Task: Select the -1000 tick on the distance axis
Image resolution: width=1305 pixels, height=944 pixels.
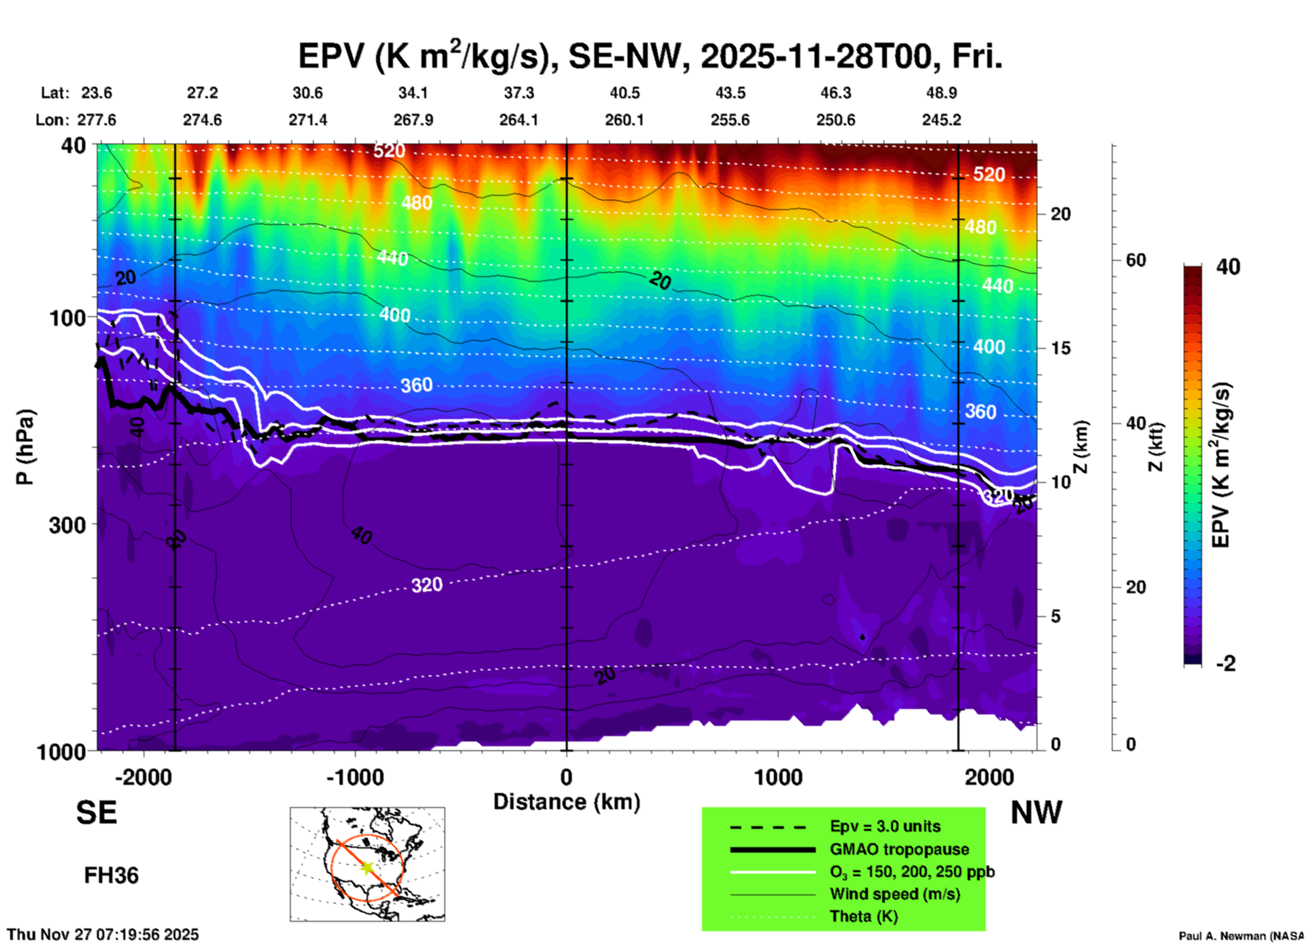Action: [x=354, y=777]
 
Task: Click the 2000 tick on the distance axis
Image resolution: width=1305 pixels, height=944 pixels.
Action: [x=989, y=777]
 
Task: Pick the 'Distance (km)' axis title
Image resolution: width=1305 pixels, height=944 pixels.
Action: [x=566, y=802]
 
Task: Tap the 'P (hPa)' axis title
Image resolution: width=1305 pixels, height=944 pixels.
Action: [x=24, y=447]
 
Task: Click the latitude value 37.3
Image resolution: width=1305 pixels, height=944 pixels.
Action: [x=519, y=93]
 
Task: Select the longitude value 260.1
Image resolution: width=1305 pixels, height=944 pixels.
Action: [x=624, y=120]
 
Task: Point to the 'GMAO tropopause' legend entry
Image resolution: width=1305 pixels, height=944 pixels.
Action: [x=899, y=849]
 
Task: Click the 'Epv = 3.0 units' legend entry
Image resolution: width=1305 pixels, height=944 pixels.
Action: [x=885, y=827]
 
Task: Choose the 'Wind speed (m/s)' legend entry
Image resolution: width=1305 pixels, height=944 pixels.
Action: [x=894, y=894]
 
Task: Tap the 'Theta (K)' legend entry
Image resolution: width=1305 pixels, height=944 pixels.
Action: [x=863, y=916]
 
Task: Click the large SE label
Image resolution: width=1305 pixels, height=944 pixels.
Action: [x=96, y=813]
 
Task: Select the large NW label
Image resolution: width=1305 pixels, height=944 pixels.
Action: [x=1036, y=813]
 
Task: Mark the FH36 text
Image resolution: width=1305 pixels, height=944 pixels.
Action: [x=111, y=876]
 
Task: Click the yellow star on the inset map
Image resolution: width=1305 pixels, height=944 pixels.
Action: [x=367, y=867]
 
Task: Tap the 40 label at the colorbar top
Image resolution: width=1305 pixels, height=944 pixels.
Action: [x=1228, y=267]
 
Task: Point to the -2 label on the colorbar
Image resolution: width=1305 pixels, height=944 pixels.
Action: [x=1226, y=664]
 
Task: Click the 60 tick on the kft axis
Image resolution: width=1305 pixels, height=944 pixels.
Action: [x=1136, y=260]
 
